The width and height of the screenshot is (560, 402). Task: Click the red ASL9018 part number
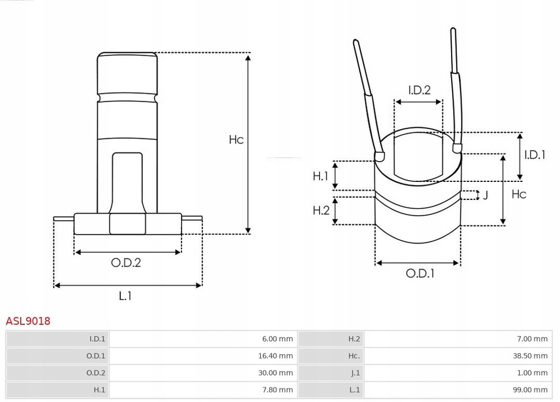[x=28, y=321]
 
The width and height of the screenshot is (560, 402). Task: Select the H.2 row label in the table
[x=354, y=339]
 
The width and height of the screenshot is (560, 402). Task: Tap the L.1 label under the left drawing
[x=125, y=296]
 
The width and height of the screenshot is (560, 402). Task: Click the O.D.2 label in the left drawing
[x=126, y=263]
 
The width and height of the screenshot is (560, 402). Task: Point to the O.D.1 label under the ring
[x=420, y=274]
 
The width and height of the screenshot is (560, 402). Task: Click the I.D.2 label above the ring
[x=419, y=90]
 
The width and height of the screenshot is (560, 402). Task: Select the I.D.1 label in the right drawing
[x=534, y=155]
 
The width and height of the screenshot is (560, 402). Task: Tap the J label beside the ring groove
[x=485, y=195]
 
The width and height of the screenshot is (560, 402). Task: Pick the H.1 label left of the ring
[x=320, y=176]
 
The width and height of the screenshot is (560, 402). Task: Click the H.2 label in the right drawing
[x=320, y=210]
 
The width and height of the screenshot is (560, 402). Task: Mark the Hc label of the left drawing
[x=236, y=140]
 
